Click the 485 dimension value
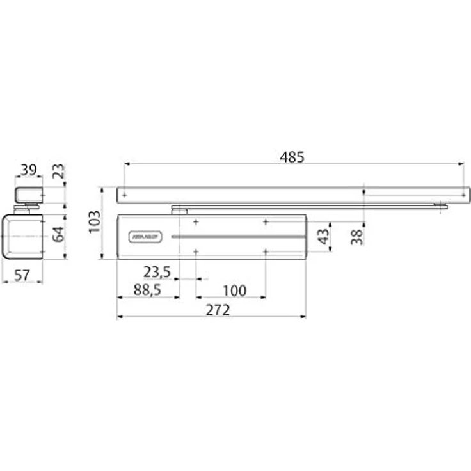click(x=292, y=156)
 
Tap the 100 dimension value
click(x=235, y=291)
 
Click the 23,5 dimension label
click(x=156, y=272)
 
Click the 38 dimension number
click(x=357, y=236)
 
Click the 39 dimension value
click(x=28, y=170)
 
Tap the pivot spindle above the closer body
click(x=179, y=208)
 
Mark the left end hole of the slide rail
click(x=125, y=193)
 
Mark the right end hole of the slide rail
click(x=462, y=193)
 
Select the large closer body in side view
click(x=22, y=236)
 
